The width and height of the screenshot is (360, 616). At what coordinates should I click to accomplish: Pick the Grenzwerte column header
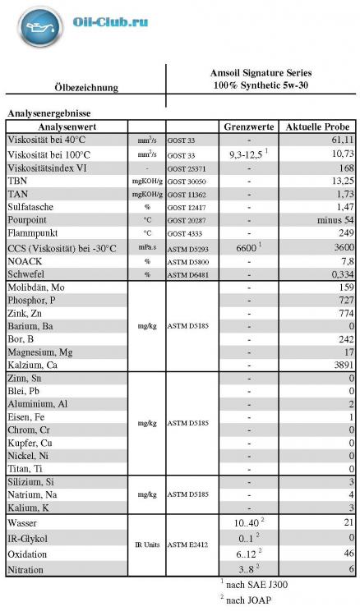tap(248, 127)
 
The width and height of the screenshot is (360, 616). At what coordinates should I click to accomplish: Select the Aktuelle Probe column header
tap(318, 127)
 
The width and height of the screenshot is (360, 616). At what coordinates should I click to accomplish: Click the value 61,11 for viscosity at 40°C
tap(341, 140)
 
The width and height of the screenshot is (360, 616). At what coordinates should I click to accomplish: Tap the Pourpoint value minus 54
tap(335, 221)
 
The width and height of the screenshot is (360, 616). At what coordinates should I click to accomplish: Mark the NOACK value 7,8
tap(346, 260)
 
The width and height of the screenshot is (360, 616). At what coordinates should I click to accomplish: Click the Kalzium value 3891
tap(340, 365)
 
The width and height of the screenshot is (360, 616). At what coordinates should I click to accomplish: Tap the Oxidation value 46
tap(348, 554)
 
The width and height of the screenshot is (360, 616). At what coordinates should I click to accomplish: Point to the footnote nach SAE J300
tap(257, 585)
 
